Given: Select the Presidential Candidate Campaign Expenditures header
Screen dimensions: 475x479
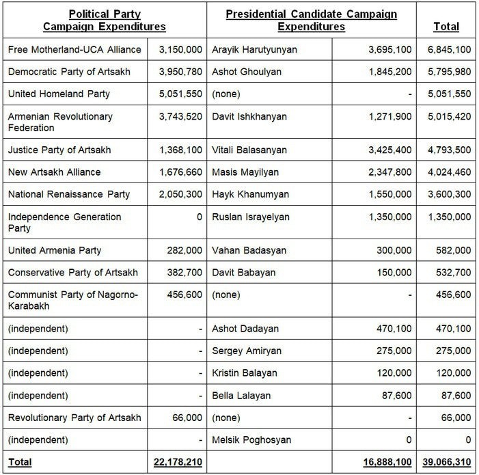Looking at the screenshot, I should coord(311,20).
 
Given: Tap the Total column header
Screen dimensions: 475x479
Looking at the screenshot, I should coord(446,27).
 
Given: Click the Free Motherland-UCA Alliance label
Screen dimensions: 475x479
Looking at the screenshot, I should coord(75,50).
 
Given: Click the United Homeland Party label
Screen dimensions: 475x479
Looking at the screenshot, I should coord(59,94).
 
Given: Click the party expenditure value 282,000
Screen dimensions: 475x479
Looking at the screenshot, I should coord(184,251).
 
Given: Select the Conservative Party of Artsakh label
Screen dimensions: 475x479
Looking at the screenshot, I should coord(73,273).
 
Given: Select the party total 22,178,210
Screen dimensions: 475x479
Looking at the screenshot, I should coord(174,463).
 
